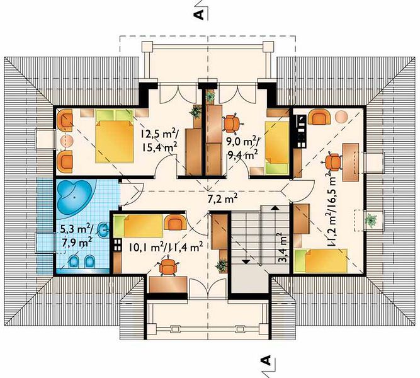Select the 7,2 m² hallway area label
coord(222,199)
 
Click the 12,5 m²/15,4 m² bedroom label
coord(159,140)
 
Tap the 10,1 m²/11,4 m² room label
coord(165,247)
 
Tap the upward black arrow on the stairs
coord(275,207)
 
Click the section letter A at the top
coord(199,14)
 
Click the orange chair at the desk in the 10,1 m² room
coord(168,266)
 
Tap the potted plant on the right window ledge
coord(372,220)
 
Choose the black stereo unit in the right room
coord(300,132)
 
